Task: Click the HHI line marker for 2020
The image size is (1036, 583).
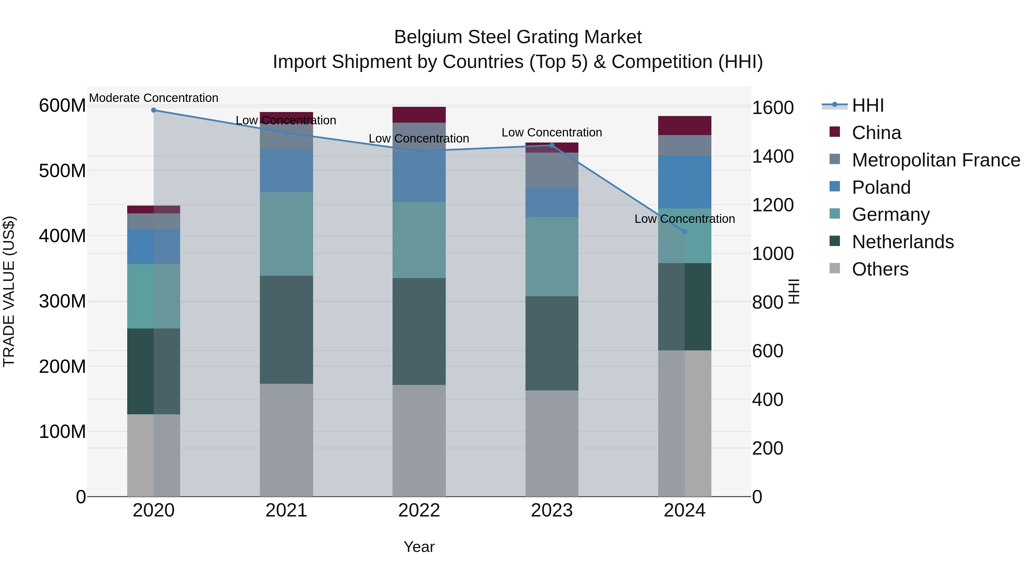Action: [154, 110]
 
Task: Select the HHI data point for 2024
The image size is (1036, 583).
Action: [685, 232]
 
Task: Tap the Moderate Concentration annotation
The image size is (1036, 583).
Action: [154, 98]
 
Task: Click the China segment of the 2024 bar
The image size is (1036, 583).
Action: [685, 126]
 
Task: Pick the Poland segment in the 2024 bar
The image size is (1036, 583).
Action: [685, 182]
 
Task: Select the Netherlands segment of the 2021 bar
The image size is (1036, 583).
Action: [286, 330]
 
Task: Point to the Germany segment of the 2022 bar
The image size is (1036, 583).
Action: [419, 240]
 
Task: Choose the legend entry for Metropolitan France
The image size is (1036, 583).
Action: [936, 160]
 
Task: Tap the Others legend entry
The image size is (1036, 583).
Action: [880, 269]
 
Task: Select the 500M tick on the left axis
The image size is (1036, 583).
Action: [62, 171]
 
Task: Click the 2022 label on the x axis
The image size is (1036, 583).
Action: [419, 510]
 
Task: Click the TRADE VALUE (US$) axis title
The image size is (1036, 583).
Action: [9, 291]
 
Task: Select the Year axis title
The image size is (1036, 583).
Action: [419, 547]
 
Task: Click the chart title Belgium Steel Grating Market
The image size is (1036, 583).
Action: [518, 37]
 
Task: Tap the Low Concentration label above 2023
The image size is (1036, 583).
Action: [552, 132]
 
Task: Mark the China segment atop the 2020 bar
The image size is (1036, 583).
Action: [154, 209]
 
